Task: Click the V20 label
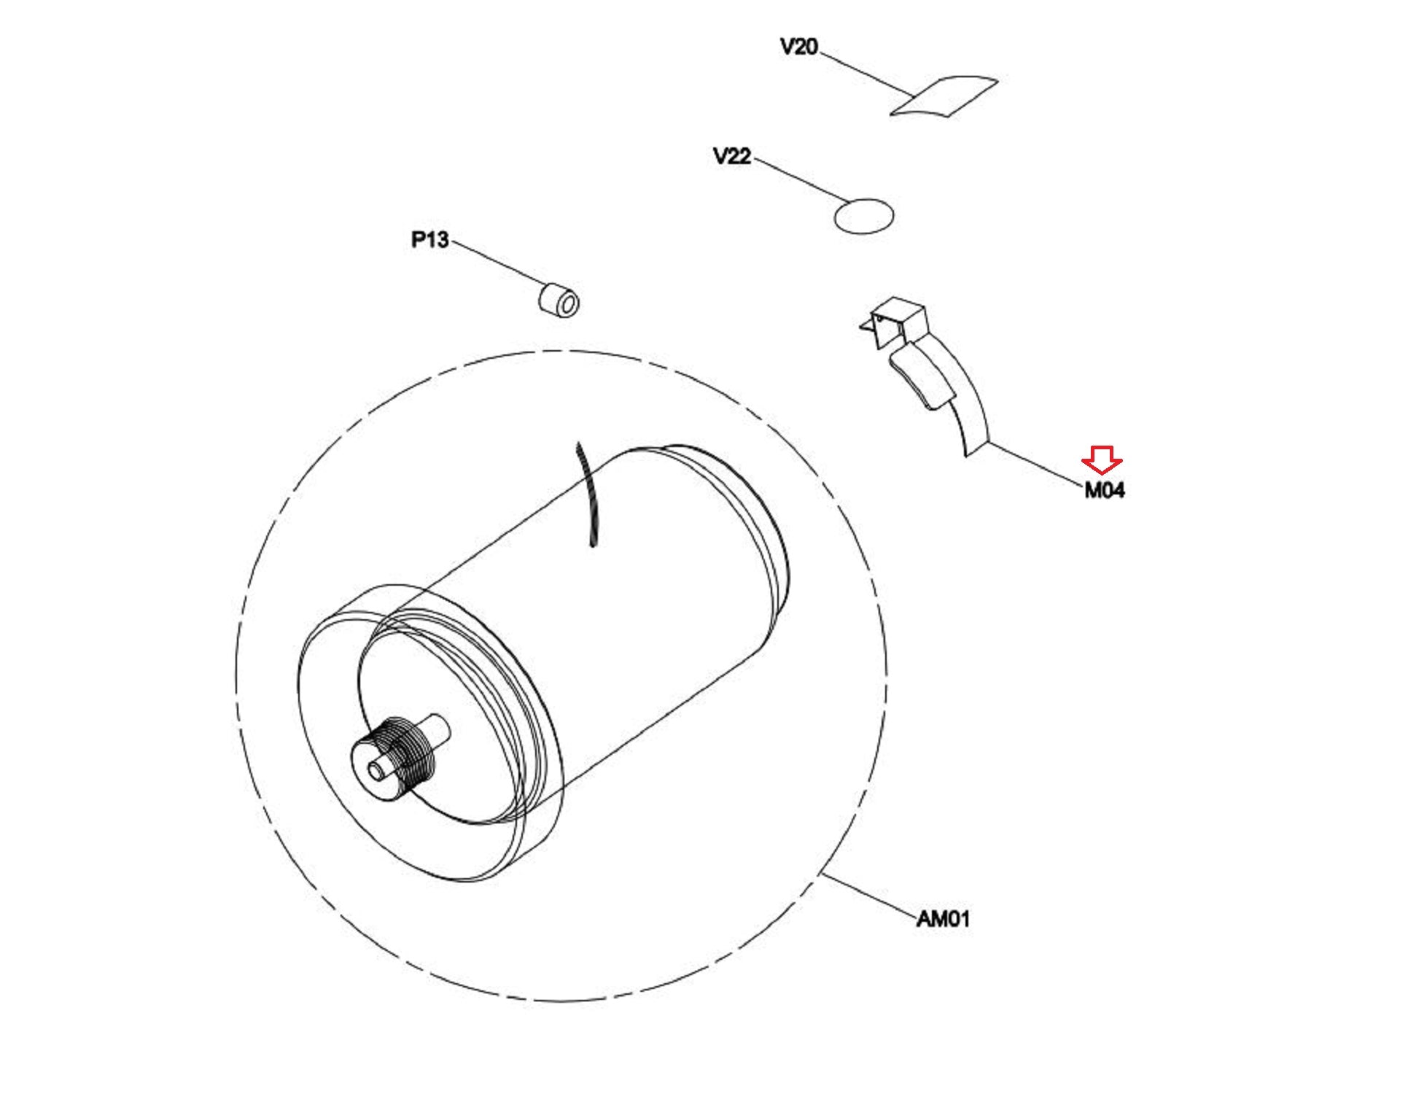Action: click(x=798, y=47)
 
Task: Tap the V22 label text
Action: click(x=731, y=156)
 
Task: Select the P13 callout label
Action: click(x=429, y=239)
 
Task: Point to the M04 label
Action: click(x=1104, y=491)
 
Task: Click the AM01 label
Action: click(x=943, y=919)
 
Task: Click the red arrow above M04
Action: click(x=1102, y=459)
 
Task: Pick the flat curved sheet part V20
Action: click(x=944, y=96)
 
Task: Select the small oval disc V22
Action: click(x=863, y=216)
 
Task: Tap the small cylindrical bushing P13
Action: click(x=559, y=300)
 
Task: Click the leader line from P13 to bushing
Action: click(x=499, y=263)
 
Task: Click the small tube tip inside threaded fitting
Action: click(x=376, y=770)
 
